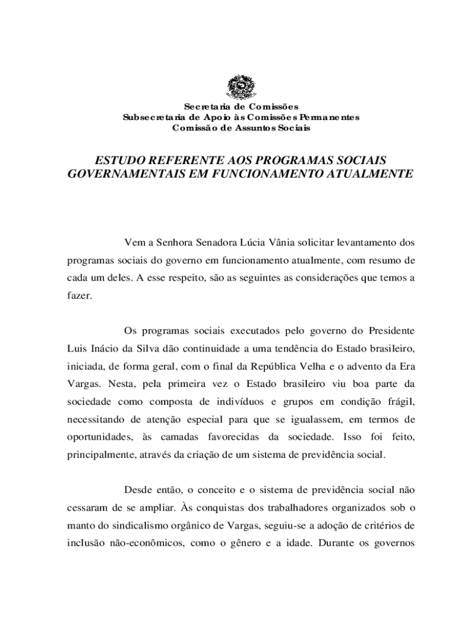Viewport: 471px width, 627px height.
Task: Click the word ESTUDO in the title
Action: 116,160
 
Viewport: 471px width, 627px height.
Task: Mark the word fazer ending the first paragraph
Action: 78,295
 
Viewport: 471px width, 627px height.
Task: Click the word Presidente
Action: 391,331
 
